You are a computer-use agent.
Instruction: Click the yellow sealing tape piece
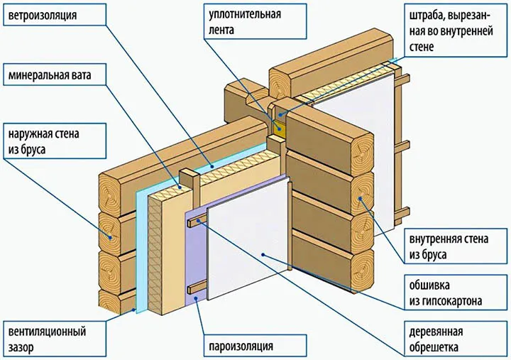tap(280, 128)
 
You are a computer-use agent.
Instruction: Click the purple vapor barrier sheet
tap(195, 256)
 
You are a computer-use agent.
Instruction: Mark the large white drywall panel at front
tap(248, 234)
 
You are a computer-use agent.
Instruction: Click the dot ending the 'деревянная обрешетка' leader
tap(201, 222)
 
